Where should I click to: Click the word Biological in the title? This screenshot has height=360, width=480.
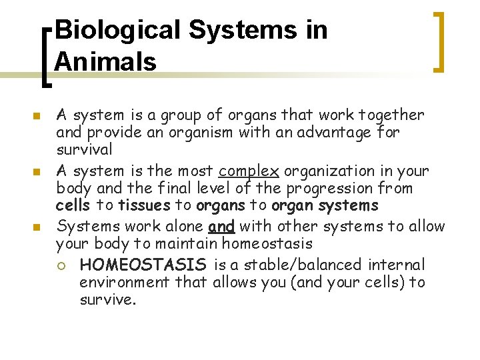[x=117, y=30]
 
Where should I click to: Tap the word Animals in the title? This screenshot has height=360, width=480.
[x=105, y=61]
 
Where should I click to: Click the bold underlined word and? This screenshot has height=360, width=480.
[x=221, y=226]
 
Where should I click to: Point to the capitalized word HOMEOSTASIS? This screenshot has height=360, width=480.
[x=144, y=265]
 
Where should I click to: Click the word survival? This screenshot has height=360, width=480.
[x=83, y=149]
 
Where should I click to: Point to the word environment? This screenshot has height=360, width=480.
[x=125, y=282]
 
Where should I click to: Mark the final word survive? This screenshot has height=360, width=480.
[x=107, y=299]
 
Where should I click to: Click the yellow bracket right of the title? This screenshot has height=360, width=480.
[x=438, y=41]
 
